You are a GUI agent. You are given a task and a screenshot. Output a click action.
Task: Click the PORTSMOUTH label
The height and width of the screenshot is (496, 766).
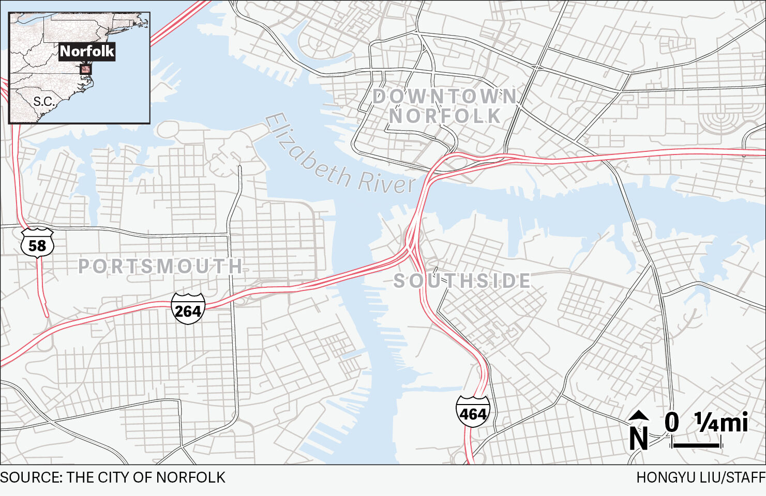coord(160,267)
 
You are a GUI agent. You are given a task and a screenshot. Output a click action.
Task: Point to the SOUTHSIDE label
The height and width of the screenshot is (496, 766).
coord(462,281)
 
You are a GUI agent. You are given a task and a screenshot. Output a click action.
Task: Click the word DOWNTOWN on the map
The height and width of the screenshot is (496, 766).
coord(445,97)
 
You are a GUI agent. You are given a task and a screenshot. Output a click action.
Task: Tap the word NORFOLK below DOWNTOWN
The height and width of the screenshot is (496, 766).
coord(445,116)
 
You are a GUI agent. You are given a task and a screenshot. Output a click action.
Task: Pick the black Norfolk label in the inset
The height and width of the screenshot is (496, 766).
coord(86,51)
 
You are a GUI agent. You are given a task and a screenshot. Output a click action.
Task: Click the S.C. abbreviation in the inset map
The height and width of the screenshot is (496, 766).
coord(44,101)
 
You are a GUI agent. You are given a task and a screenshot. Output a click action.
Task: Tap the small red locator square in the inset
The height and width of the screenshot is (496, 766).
coord(86,69)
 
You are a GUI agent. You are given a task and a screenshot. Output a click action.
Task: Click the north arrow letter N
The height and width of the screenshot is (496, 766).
coord(639,438)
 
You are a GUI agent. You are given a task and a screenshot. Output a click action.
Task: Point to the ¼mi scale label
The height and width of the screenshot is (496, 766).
coord(722,422)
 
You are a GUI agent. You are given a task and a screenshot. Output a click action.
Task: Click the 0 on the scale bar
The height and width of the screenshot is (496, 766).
coord(672,422)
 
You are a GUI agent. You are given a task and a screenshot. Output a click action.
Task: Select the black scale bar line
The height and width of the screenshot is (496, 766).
coord(696,445)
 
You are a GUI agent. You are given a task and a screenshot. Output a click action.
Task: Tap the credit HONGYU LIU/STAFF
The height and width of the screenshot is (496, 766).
coord(701,477)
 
